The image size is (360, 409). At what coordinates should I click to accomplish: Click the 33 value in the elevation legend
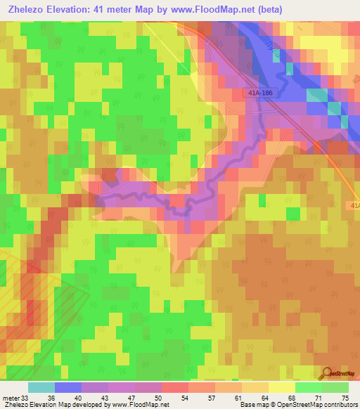[x=27, y=397]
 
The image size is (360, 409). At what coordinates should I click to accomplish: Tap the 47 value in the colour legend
[x=134, y=397]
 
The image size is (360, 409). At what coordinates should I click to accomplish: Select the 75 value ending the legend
[x=345, y=397]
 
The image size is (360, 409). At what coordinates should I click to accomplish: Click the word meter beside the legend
[x=11, y=397]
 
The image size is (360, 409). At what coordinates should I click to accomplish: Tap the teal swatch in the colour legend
[x=41, y=387]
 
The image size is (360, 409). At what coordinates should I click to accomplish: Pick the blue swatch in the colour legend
[x=68, y=387]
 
